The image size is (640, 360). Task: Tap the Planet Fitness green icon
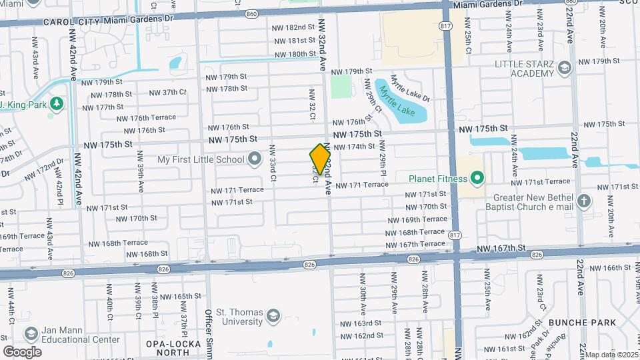[477, 178]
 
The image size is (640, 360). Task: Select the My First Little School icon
[254, 159]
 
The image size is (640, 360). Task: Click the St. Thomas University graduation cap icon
[273, 315]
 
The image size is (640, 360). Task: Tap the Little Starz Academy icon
[565, 67]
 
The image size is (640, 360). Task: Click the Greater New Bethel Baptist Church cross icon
[584, 201]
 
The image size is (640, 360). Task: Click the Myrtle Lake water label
[403, 102]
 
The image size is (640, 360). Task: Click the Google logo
[22, 351]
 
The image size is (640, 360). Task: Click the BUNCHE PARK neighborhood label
[573, 323]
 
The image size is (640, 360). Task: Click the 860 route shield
[251, 13]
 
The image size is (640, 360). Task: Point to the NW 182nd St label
[293, 27]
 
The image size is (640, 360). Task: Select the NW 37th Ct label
[167, 92]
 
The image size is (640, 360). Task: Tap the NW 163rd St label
[360, 323]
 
